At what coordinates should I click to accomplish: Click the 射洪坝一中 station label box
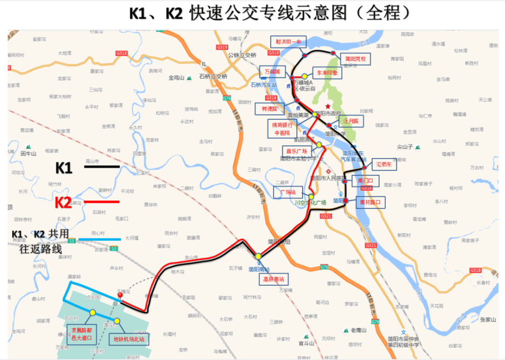[x=284, y=42]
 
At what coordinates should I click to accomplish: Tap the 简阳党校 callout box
[x=355, y=59]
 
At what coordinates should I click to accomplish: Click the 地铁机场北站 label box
[x=128, y=339]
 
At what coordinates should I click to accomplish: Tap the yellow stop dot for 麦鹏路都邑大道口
[x=92, y=313]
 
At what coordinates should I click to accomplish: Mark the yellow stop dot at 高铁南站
[x=258, y=256]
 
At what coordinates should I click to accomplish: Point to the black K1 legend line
[x=102, y=166]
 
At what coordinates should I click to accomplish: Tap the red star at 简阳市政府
[x=328, y=106]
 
